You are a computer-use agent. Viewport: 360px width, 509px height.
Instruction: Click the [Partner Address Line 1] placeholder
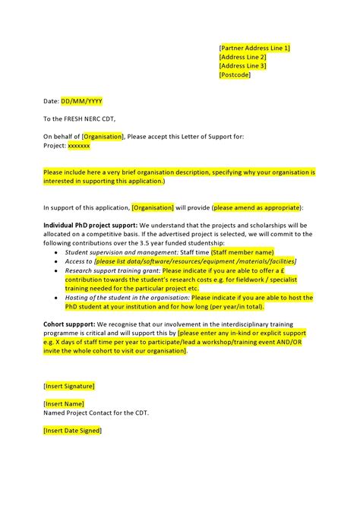pos(254,48)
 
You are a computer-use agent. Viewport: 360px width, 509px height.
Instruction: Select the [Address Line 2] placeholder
pos(242,57)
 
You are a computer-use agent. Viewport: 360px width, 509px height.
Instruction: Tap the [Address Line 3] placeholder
pos(242,66)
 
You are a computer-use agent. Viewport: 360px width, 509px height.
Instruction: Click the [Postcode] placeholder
pos(235,75)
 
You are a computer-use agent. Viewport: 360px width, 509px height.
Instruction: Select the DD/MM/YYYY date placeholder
pos(81,101)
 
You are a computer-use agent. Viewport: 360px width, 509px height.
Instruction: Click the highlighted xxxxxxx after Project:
pos(78,145)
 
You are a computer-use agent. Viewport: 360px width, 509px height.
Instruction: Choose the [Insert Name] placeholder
pos(64,403)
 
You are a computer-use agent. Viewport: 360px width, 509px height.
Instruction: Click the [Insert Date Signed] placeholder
pos(72,431)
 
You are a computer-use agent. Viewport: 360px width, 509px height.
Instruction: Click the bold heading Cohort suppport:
pos(68,324)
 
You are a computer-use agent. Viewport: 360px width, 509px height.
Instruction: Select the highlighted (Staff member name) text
pos(242,251)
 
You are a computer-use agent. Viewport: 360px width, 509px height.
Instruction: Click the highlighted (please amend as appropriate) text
pos(257,207)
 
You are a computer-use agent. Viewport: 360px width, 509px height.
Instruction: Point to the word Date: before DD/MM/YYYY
pos(51,101)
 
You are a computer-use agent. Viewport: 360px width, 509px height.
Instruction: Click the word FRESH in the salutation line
pos(71,119)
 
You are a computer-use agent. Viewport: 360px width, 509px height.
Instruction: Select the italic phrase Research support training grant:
pos(112,270)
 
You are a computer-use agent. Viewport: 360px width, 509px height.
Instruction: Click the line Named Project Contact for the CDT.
pos(96,413)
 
